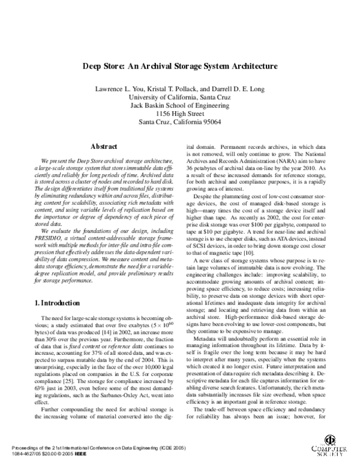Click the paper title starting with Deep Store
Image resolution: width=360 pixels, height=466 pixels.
pos(180,66)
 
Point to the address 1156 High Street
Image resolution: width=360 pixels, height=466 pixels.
pos(180,113)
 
